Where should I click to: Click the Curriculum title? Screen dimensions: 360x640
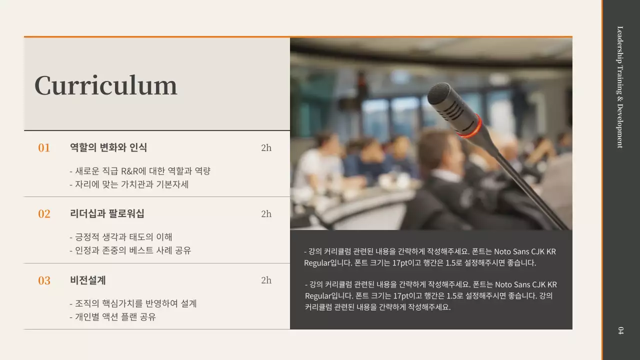[105, 85]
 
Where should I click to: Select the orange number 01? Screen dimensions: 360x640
[44, 148]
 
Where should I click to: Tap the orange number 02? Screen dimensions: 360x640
[44, 214]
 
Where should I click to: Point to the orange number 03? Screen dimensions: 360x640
[44, 280]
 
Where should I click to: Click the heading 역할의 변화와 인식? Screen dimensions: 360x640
[108, 147]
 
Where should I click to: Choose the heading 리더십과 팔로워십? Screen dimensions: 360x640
[107, 213]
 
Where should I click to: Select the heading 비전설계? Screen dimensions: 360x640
[88, 280]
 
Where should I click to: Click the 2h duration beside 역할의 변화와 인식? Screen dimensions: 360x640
[266, 147]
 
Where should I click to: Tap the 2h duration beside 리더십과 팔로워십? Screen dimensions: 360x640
[266, 213]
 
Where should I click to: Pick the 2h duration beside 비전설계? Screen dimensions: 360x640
[266, 280]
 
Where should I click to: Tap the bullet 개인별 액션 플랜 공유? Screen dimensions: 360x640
[112, 317]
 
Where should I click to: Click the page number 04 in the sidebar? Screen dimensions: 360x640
[620, 330]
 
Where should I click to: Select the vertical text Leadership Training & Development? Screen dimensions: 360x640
[620, 87]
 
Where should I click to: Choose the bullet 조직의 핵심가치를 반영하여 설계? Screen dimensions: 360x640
[133, 303]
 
